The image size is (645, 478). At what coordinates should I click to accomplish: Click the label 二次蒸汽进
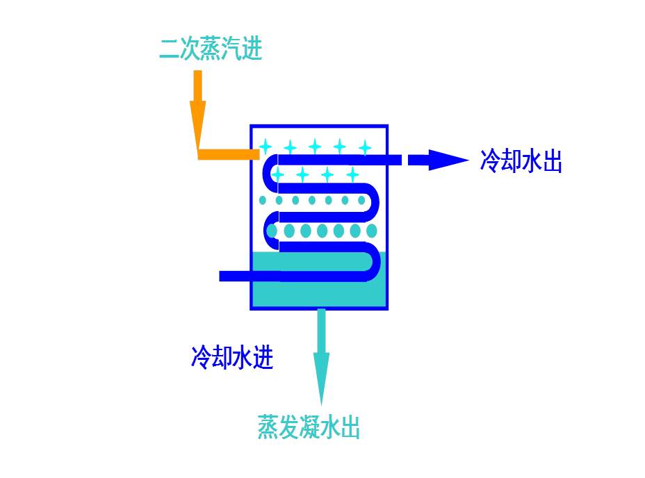pyautogui.click(x=211, y=49)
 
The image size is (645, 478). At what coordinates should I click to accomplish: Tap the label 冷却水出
pyautogui.click(x=521, y=161)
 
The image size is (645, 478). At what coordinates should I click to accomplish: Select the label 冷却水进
pyautogui.click(x=232, y=357)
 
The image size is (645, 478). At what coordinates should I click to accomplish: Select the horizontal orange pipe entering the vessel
pyautogui.click(x=224, y=154)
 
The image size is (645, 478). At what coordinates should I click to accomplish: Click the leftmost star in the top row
pyautogui.click(x=265, y=146)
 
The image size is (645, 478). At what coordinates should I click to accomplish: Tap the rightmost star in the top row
pyautogui.click(x=364, y=147)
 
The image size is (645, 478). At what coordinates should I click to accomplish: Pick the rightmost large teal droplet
pyautogui.click(x=372, y=231)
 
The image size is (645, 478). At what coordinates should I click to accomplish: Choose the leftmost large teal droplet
pyautogui.click(x=272, y=231)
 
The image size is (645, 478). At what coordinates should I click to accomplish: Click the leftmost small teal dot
pyautogui.click(x=263, y=200)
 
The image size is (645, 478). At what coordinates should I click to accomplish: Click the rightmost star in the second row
pyautogui.click(x=352, y=174)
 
